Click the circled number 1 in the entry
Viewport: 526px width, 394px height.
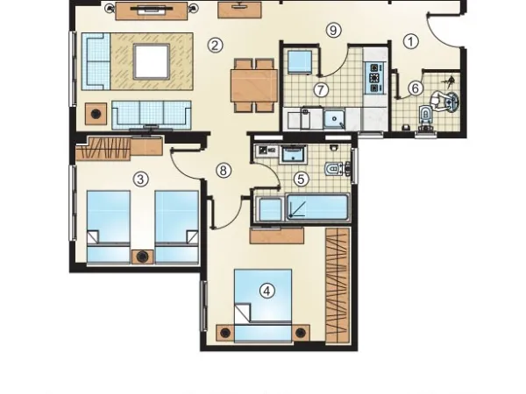click(x=411, y=40)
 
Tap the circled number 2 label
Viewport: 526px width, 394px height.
click(x=214, y=45)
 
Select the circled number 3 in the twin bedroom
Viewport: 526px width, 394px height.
click(x=139, y=179)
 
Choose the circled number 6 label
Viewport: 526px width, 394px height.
click(x=415, y=88)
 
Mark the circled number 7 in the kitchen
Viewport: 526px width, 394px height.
click(x=321, y=89)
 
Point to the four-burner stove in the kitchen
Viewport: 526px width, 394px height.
click(x=376, y=78)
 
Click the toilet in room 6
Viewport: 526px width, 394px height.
click(x=427, y=115)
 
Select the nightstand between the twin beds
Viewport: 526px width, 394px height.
click(x=141, y=257)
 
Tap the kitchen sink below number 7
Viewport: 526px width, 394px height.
click(x=334, y=119)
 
